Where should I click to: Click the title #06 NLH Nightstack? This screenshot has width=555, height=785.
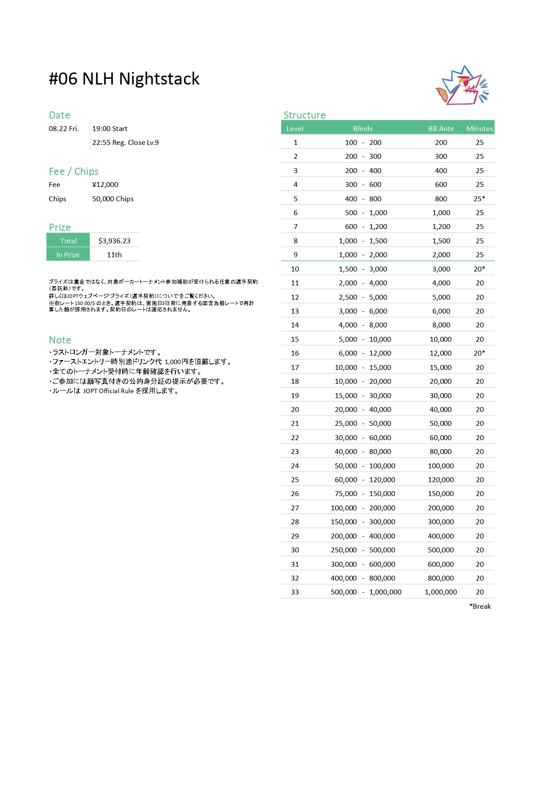pyautogui.click(x=124, y=79)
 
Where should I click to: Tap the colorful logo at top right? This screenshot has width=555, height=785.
pyautogui.click(x=462, y=86)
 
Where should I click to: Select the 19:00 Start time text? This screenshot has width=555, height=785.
pyautogui.click(x=110, y=129)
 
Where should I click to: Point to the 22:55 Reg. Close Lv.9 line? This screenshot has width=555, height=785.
pyautogui.click(x=125, y=143)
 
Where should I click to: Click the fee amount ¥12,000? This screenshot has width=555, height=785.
pyautogui.click(x=105, y=185)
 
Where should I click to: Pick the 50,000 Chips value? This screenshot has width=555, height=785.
pyautogui.click(x=113, y=199)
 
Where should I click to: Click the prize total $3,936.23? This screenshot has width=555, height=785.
pyautogui.click(x=115, y=241)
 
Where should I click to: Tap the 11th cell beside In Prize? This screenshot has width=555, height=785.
pyautogui.click(x=114, y=255)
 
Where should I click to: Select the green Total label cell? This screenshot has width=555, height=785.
pyautogui.click(x=68, y=241)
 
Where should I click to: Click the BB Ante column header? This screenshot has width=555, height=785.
pyautogui.click(x=441, y=129)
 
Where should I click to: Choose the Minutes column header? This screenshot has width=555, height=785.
pyautogui.click(x=479, y=129)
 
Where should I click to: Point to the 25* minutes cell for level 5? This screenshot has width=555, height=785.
pyautogui.click(x=479, y=199)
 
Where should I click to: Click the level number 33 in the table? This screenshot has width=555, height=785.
pyautogui.click(x=295, y=592)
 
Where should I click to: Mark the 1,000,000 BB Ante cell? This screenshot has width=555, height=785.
pyautogui.click(x=441, y=592)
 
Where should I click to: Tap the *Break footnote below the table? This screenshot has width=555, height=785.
pyautogui.click(x=480, y=607)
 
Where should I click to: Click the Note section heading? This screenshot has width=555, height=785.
pyautogui.click(x=60, y=340)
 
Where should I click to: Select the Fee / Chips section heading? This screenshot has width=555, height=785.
pyautogui.click(x=73, y=172)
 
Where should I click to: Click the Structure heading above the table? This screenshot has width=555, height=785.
pyautogui.click(x=304, y=115)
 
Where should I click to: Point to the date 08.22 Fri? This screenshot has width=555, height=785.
pyautogui.click(x=64, y=129)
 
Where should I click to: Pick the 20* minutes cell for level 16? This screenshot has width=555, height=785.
pyautogui.click(x=479, y=353)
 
